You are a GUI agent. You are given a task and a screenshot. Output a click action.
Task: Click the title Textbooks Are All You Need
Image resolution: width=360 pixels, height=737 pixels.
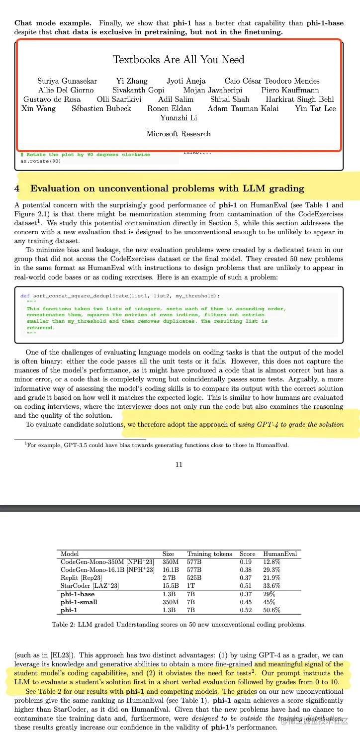[179, 60]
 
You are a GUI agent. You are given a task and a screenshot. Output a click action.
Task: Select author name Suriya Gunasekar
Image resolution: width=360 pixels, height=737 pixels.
[67, 81]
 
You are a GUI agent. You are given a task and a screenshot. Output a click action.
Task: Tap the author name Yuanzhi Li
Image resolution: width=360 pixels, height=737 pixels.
[179, 118]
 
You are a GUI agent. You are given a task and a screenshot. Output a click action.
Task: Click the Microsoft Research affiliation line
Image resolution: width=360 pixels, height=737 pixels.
[179, 134]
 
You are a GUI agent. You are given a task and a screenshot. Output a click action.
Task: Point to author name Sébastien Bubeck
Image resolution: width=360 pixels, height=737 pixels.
[101, 108]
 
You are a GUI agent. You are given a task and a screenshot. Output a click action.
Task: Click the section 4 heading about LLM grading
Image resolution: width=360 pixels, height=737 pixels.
[167, 188]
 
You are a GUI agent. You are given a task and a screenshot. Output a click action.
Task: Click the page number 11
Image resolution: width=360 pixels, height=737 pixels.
[179, 464]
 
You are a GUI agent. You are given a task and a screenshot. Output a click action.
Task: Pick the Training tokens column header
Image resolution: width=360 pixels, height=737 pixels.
[209, 554]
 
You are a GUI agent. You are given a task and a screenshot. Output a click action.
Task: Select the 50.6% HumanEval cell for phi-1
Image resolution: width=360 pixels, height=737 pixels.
[271, 610]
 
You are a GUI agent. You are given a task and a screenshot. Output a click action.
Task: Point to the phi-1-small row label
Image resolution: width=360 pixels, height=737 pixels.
[79, 602]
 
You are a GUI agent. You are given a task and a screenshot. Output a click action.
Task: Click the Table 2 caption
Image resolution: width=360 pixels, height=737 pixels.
[179, 625]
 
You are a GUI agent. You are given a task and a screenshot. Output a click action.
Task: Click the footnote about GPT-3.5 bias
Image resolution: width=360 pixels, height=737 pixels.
[157, 445]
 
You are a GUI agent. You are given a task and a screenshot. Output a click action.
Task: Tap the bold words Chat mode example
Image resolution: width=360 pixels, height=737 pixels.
[53, 23]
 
